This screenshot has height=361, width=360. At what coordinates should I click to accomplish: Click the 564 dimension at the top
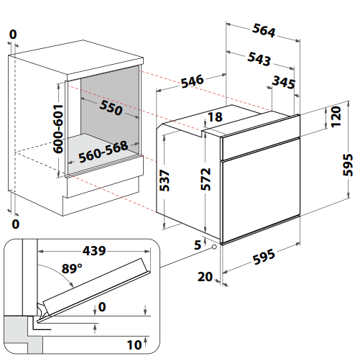point(264,30)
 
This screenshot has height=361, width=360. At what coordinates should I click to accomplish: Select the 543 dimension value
point(259,59)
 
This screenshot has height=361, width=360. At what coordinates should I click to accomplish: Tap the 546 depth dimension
point(192,81)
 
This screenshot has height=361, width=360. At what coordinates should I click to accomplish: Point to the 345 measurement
point(284,82)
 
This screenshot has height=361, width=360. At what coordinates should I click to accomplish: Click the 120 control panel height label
point(336,116)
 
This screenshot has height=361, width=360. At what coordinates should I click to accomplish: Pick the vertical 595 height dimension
point(348,165)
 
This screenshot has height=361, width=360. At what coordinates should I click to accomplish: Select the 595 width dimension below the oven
point(264,257)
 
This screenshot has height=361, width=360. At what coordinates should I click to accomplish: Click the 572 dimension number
point(206,179)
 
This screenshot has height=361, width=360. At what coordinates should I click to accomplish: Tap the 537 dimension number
point(165,180)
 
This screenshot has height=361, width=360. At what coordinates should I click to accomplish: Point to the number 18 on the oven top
point(215,117)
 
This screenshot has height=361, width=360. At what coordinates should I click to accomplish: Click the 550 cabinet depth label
point(111,108)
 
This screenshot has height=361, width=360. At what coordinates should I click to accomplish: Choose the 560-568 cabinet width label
point(103,152)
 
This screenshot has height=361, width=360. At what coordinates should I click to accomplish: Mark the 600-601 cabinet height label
point(58,129)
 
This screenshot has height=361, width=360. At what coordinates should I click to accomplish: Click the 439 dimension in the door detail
point(94,251)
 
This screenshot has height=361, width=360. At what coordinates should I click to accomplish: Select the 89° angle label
point(72,268)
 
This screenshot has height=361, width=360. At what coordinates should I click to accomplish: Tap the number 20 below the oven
point(205,277)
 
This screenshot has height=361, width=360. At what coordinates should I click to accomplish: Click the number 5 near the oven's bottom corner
point(198,245)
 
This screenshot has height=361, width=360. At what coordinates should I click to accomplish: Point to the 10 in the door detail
point(134,345)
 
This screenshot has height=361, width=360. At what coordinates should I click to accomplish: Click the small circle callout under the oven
point(214,247)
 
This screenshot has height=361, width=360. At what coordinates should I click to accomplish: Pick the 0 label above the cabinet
point(13,35)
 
